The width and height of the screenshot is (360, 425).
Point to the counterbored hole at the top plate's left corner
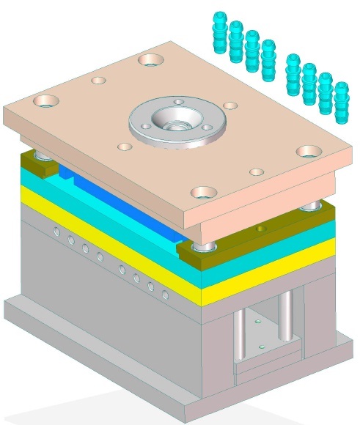45,100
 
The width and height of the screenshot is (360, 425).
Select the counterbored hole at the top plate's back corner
151,59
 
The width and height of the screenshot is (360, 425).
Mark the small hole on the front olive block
258,229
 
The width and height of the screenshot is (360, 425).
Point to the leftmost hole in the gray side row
56,232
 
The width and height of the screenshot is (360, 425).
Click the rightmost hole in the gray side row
168,295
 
